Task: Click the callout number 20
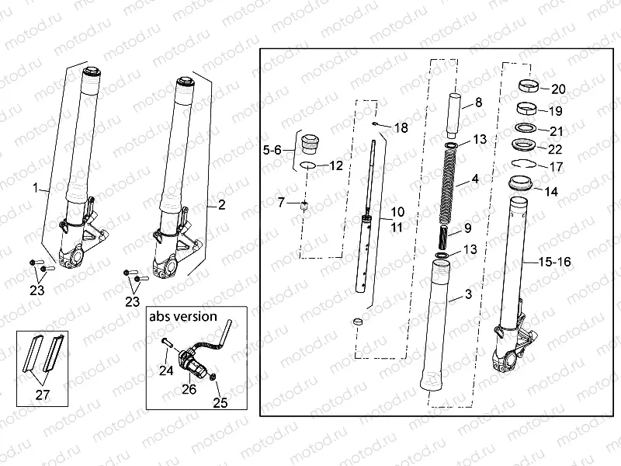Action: pyautogui.click(x=558, y=89)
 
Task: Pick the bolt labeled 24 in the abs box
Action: pyautogui.click(x=167, y=341)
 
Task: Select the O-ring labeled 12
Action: pyautogui.click(x=307, y=165)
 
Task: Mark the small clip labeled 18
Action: pyautogui.click(x=375, y=123)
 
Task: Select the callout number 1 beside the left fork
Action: pyautogui.click(x=34, y=188)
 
